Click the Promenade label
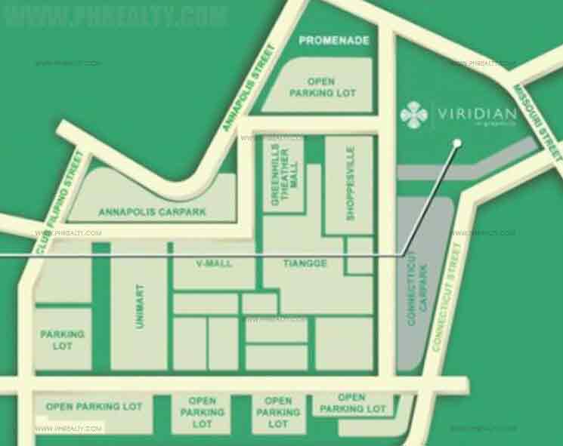coord(333,40)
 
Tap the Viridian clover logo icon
coord(413,115)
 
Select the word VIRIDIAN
coord(476,114)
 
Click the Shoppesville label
coord(350,184)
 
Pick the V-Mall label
coord(214,263)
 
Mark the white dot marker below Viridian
coord(456,142)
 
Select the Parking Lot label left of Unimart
coord(63,340)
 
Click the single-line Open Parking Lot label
coord(94,406)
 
